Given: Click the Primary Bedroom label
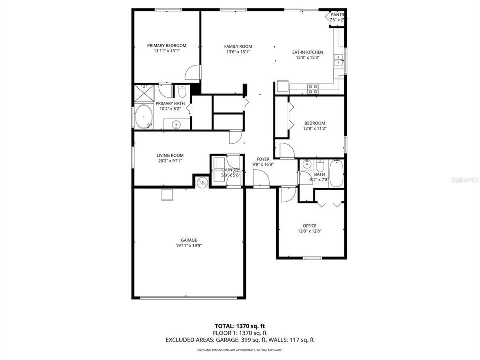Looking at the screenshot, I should tap(166, 45).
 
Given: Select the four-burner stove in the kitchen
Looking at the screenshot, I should tap(313, 89).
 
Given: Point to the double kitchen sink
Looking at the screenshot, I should tap(339, 60).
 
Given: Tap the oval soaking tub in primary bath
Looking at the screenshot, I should tap(143, 117).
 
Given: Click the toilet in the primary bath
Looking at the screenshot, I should tap(182, 92).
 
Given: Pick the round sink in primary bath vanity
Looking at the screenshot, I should tap(176, 124).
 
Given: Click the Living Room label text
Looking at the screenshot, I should tap(170, 155).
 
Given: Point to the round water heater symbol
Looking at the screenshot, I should tap(202, 182).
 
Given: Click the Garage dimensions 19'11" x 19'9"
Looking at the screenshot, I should tap(188, 245).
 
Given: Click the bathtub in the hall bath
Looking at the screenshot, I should tap(336, 173).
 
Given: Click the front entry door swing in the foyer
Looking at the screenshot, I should tap(260, 178).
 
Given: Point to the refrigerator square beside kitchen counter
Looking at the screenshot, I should tap(283, 86).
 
